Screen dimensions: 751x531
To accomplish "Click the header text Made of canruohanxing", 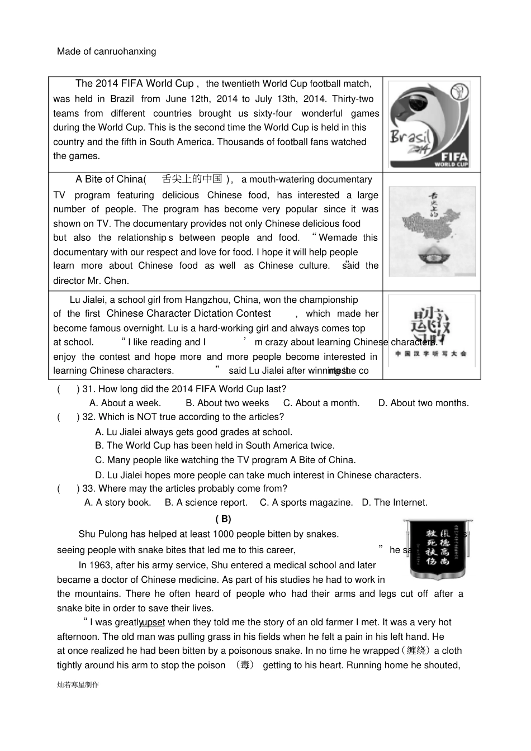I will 106,51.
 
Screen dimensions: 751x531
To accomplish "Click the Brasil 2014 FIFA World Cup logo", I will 429,125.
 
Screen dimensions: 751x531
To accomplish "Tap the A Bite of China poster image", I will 432,231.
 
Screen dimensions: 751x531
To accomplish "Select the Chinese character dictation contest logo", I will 432,331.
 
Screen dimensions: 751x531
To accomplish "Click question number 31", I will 88,389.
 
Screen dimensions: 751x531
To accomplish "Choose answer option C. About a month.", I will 321,403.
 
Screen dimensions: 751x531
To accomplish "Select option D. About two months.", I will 423,403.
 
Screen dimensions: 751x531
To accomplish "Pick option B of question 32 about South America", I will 215,445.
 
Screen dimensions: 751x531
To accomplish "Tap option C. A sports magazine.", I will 306,502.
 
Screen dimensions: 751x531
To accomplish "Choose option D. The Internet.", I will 394,502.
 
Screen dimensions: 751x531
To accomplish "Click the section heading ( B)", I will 223,519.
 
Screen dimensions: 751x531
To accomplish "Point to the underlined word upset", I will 153,622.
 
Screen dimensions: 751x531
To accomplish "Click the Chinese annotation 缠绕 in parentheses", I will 416,651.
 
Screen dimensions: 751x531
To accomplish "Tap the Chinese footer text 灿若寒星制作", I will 78,685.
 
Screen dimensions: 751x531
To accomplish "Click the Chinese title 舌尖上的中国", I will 192,179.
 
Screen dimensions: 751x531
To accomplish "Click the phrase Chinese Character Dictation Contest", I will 188,313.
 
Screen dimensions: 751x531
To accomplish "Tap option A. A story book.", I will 117,502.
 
